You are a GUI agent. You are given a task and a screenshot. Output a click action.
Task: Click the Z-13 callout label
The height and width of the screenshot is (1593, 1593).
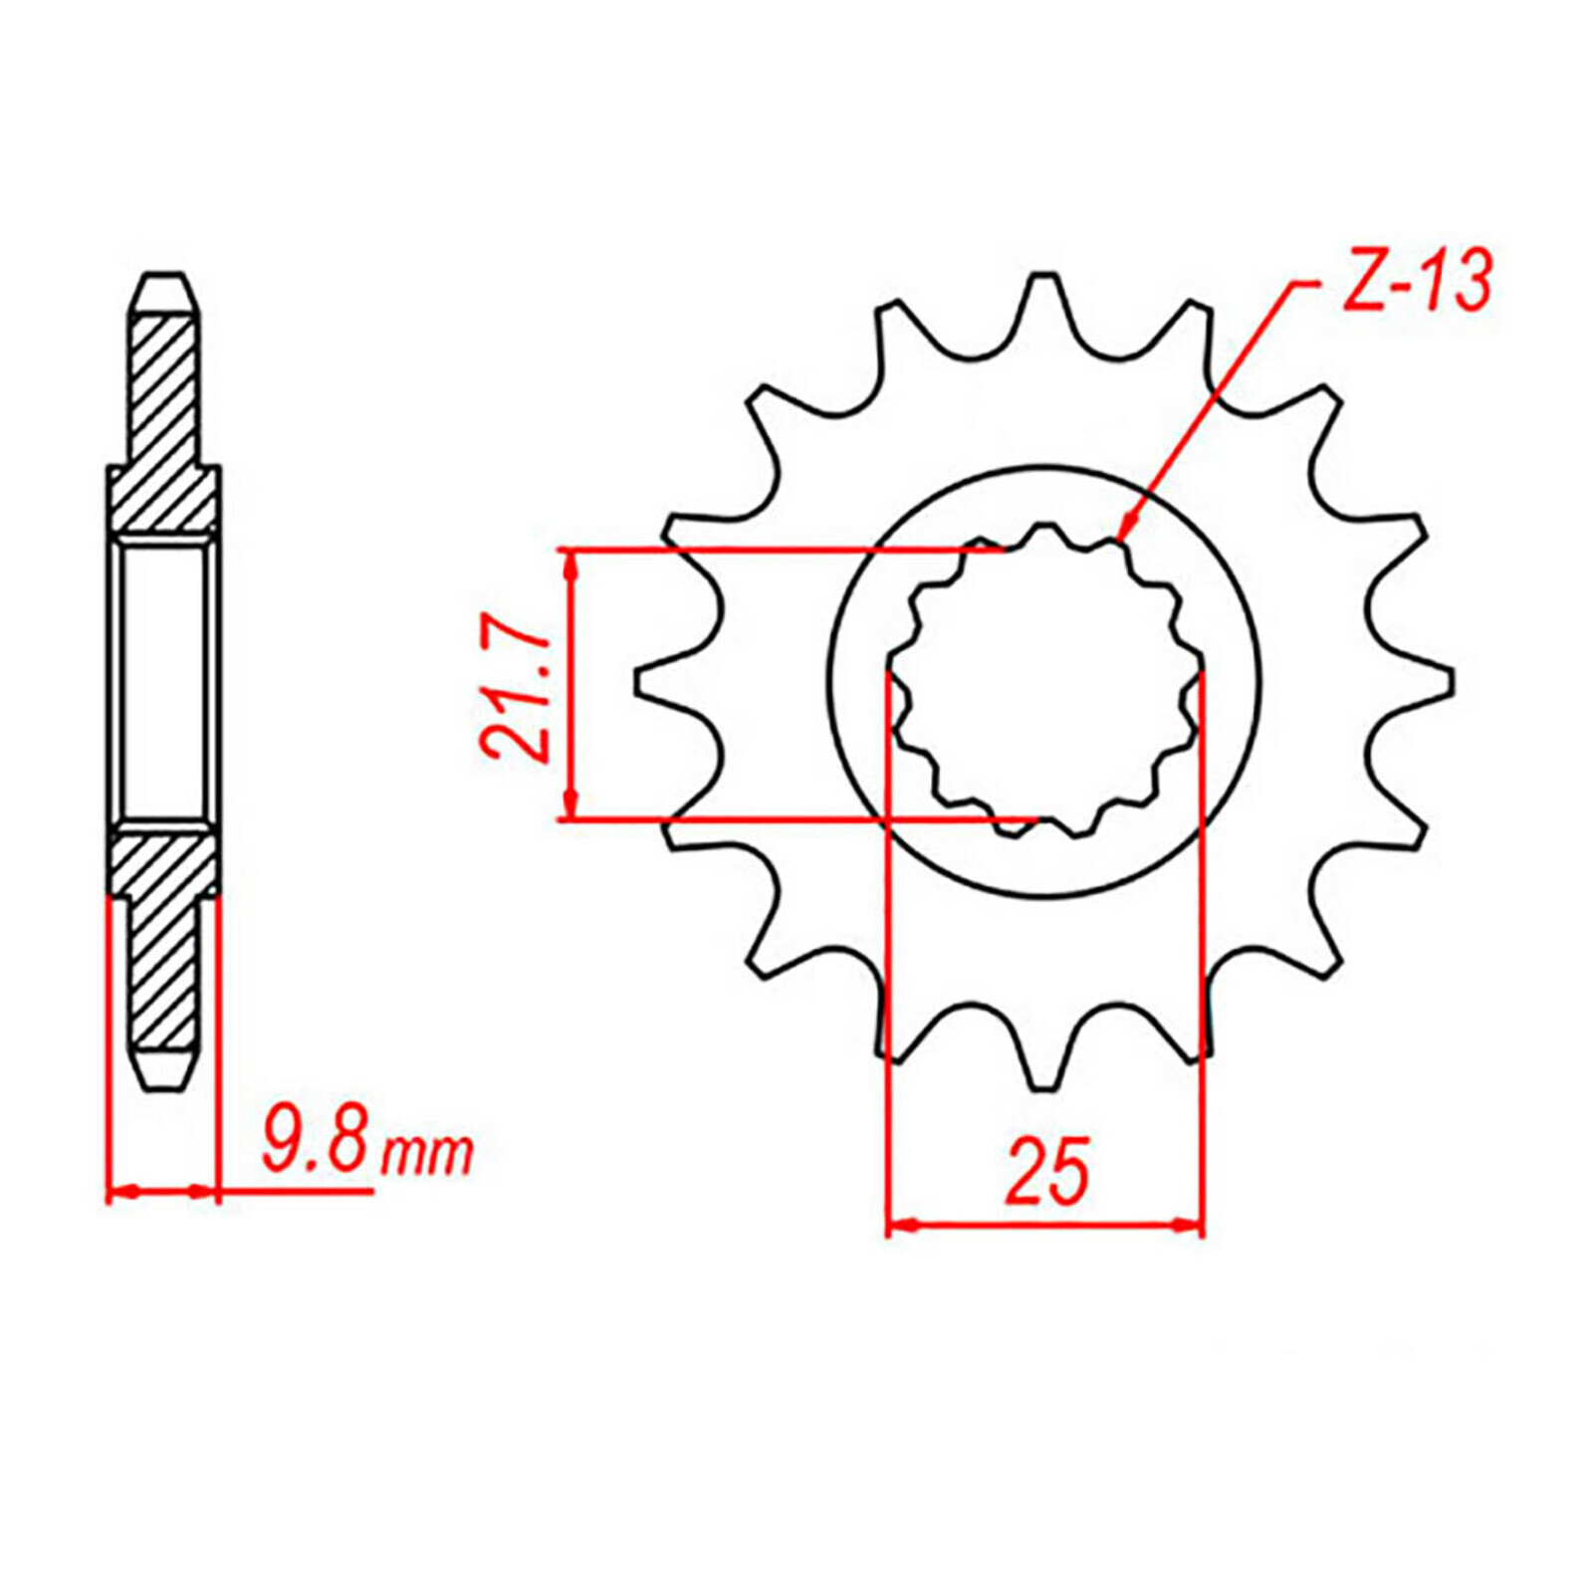pos(1417,281)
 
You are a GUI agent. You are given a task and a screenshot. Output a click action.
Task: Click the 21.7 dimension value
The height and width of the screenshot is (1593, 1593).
pos(516,687)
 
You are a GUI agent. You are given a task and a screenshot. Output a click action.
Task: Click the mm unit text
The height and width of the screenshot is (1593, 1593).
pos(428,1153)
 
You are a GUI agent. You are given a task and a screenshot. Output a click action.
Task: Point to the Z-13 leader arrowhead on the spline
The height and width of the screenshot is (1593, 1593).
pos(1124,533)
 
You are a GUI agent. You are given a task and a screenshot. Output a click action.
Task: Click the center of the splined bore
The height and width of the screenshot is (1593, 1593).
pos(1044,682)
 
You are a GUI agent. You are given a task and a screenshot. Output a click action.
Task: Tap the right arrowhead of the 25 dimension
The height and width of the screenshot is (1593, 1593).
pos(1190,1224)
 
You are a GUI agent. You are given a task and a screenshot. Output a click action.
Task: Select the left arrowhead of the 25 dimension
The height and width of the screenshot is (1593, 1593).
pos(901,1224)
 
